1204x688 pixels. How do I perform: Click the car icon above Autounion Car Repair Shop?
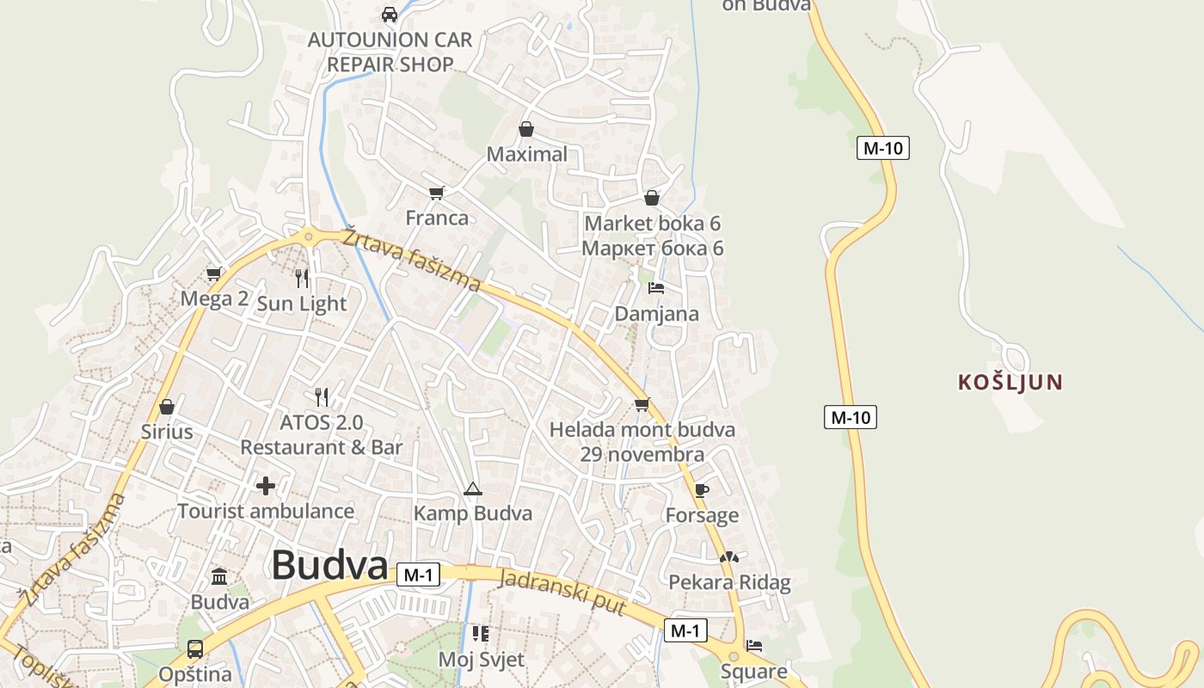point(390,14)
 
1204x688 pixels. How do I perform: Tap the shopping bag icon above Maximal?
point(526,130)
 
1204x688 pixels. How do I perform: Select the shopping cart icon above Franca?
point(437,193)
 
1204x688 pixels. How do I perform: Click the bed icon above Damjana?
point(656,288)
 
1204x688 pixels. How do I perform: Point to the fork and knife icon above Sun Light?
point(302,278)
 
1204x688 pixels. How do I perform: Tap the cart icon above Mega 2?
point(214,274)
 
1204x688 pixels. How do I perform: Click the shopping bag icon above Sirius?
point(167,406)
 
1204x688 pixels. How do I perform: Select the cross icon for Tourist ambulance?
point(266,486)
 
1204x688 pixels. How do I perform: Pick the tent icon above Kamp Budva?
point(472,489)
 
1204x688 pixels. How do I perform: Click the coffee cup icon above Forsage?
point(702,490)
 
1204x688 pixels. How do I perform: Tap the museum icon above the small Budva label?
point(219,576)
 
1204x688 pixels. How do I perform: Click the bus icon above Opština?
point(195,648)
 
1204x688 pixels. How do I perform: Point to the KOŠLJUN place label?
point(1010,382)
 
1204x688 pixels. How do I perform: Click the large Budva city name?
point(329,565)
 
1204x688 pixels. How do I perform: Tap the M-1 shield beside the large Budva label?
point(418,575)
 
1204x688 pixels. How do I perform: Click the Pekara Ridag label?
point(729,582)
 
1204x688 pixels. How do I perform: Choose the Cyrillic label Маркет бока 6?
point(653,249)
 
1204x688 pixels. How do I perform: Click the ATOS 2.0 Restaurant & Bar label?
point(322,435)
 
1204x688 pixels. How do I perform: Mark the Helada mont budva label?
point(642,429)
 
